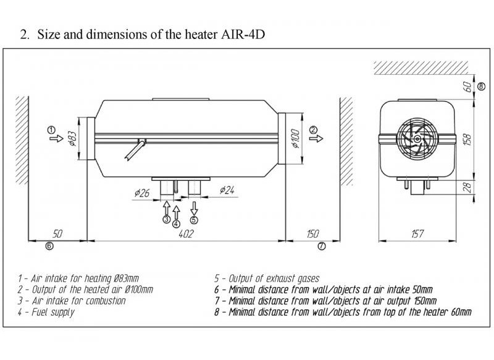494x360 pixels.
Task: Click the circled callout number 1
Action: (51, 130)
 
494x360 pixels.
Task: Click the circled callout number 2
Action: (314, 130)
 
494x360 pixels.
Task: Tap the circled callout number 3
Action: (166, 219)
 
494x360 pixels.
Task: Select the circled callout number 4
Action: (176, 224)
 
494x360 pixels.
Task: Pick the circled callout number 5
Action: (194, 219)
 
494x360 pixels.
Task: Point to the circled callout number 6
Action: (49, 246)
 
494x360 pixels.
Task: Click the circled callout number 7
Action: (321, 246)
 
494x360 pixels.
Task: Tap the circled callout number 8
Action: (481, 85)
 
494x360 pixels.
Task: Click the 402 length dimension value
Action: (186, 234)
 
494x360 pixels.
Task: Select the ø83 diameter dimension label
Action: (71, 139)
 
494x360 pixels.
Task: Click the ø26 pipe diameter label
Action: (141, 193)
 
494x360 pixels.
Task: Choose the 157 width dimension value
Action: (417, 234)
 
